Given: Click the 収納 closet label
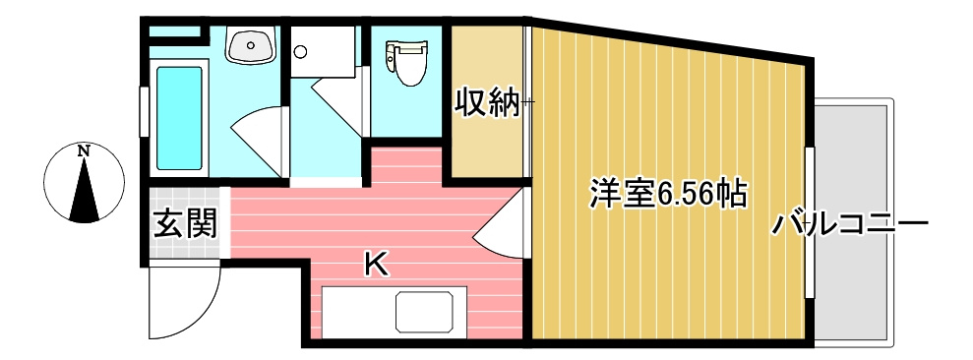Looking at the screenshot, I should coord(485,102).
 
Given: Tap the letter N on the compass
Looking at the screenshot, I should coord(85,151).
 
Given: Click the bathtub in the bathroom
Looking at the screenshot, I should coord(180,116).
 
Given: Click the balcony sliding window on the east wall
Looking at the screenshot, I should coord(810,222).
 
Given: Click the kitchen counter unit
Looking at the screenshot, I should coord(393,313).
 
